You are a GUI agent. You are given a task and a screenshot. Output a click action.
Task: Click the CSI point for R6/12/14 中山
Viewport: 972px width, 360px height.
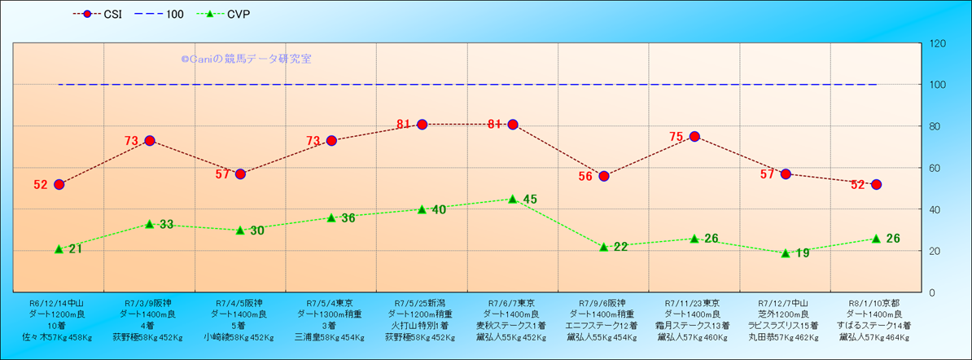(59, 184)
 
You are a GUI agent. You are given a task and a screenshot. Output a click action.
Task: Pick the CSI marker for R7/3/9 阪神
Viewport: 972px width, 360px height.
(150, 141)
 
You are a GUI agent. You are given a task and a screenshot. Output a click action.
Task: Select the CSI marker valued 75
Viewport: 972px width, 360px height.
(694, 137)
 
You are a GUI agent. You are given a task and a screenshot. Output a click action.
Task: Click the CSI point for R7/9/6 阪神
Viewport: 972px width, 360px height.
(604, 176)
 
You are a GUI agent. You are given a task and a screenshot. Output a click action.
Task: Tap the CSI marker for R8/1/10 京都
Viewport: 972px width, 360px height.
(876, 184)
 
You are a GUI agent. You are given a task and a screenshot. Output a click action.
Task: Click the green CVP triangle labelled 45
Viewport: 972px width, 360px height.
(513, 199)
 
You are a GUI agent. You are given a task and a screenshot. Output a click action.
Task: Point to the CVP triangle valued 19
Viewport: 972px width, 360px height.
(786, 252)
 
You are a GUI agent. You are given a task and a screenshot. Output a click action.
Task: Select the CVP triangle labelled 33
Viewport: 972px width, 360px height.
(150, 223)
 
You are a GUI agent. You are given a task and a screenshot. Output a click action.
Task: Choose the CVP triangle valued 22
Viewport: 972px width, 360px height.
(604, 246)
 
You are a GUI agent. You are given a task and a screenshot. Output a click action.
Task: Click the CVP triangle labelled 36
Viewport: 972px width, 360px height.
(331, 217)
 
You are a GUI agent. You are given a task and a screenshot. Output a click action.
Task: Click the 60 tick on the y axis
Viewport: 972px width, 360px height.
(934, 168)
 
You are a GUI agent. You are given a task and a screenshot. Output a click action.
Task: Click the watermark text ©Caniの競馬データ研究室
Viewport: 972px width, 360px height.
(246, 59)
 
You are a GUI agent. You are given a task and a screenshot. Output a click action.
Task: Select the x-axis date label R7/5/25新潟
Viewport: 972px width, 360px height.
(422, 301)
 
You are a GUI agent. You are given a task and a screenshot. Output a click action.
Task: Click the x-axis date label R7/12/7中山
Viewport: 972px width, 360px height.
(786, 301)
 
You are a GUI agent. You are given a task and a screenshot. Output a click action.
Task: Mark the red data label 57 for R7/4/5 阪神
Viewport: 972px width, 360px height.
(223, 174)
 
